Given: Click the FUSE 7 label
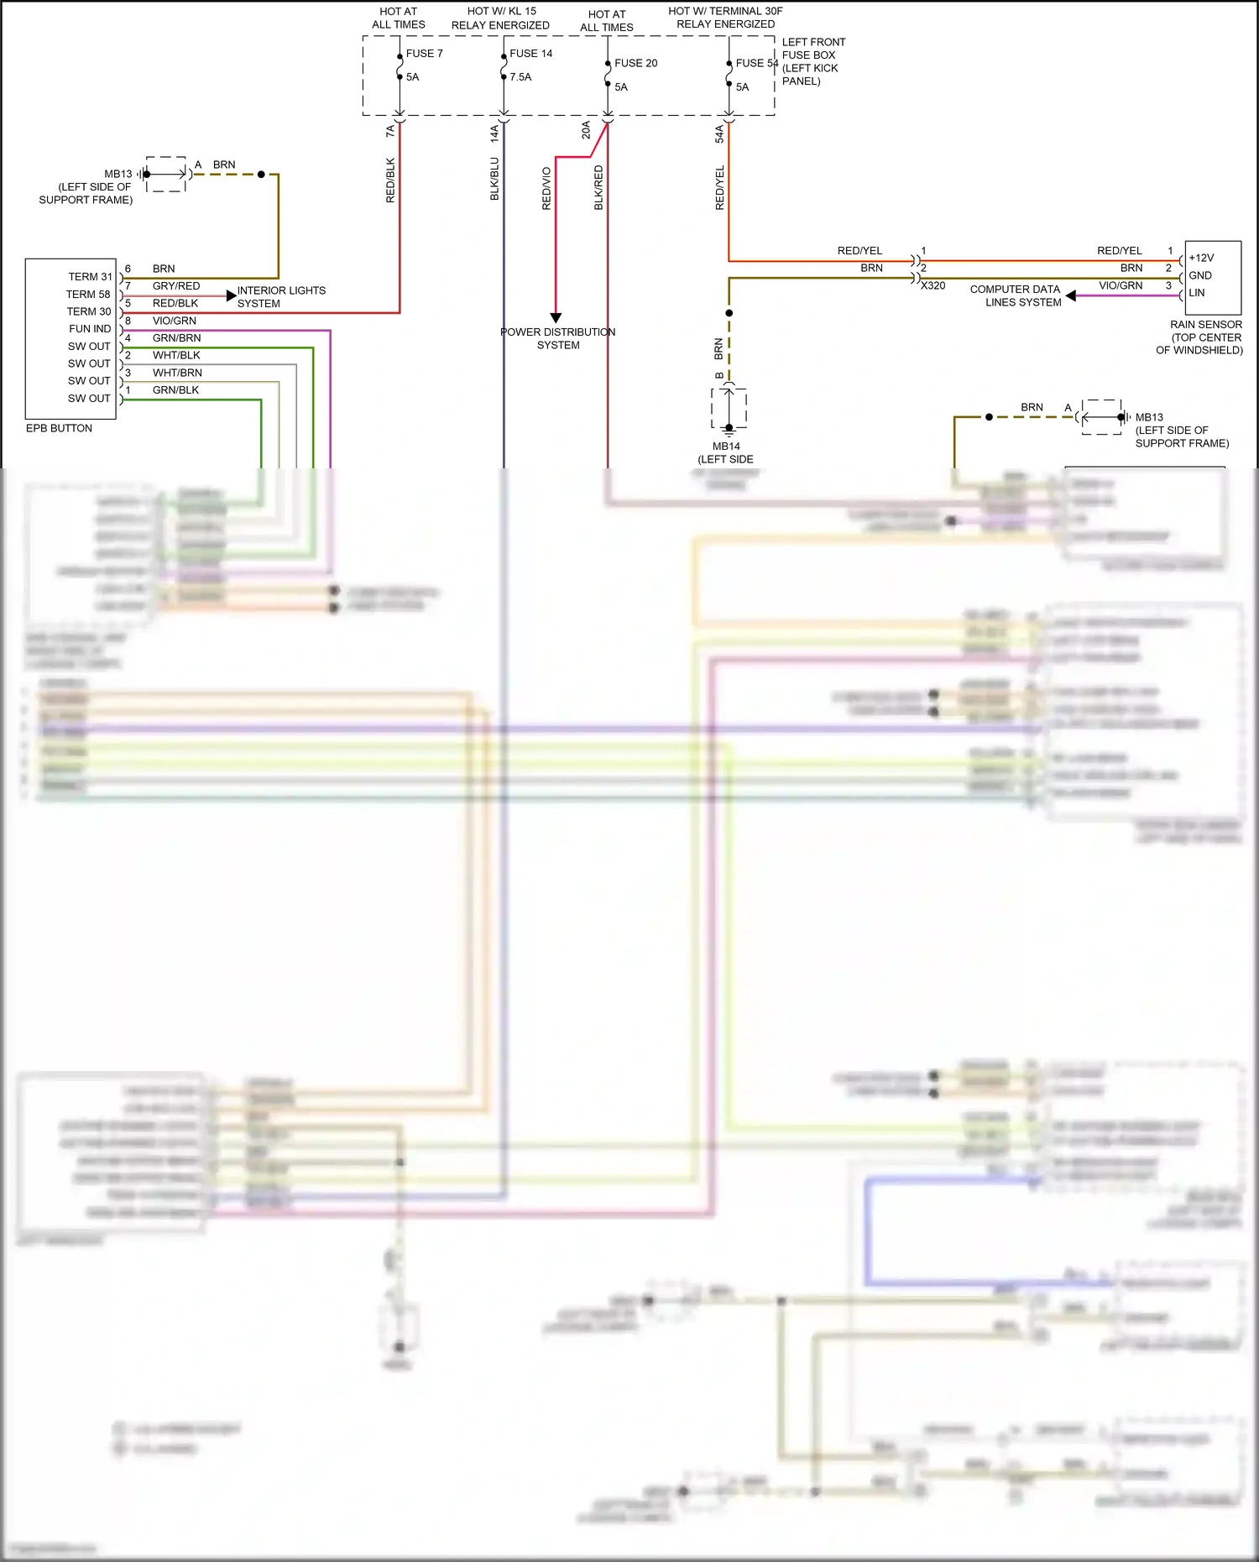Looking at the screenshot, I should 424,53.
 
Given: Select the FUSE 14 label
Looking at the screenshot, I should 530,53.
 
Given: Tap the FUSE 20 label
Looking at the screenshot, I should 635,63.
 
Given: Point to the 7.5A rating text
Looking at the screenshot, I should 520,76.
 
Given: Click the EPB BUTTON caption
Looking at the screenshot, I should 59,428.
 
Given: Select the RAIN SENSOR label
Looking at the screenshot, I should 1205,325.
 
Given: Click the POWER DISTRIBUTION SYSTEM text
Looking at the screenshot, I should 557,338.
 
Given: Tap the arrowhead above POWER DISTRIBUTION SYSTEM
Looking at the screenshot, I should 556,318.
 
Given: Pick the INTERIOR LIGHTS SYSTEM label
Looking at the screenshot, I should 280,297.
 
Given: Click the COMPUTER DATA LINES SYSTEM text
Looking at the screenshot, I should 1015,295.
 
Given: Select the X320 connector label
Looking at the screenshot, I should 932,286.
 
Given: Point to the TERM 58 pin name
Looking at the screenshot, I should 88,295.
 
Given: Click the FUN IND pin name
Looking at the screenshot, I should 90,329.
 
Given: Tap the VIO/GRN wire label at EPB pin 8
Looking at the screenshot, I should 174,321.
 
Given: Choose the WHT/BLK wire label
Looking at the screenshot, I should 176,355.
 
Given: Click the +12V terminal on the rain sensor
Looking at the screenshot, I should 1201,258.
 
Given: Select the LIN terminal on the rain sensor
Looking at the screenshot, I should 1196,293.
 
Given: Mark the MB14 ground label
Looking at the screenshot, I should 726,447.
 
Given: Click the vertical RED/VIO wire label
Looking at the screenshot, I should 546,188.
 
